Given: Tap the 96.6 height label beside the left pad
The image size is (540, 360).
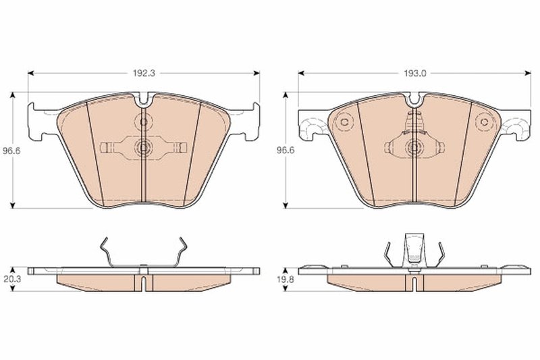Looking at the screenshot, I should coord(9,151).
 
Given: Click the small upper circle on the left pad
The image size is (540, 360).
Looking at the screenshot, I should coord(144,123).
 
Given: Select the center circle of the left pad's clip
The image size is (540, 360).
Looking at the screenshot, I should coord(144,147).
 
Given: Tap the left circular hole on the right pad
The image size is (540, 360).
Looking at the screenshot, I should coord(344,122).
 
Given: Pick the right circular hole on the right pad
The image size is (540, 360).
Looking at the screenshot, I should coord(483,122).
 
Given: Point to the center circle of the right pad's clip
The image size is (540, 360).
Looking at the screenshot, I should coord(413,147).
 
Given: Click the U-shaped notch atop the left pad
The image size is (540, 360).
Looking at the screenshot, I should coord(144,102).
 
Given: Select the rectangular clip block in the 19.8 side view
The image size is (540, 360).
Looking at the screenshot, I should coord(413,249).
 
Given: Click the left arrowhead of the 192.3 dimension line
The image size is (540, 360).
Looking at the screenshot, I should coord(31,73).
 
